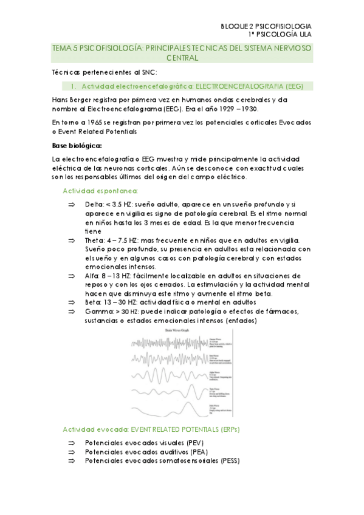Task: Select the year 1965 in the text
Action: click(98, 122)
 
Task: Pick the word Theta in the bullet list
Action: click(95, 240)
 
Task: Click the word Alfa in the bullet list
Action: click(93, 276)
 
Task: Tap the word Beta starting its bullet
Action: click(94, 302)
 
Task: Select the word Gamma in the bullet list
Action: click(98, 312)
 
